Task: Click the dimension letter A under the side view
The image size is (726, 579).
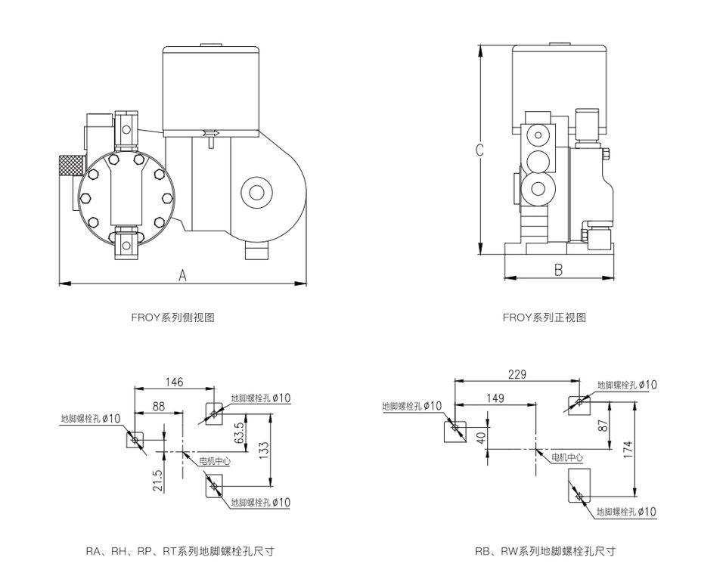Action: coord(183,275)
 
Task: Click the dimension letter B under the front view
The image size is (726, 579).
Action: coord(558,269)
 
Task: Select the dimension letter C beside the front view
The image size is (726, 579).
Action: coord(479,150)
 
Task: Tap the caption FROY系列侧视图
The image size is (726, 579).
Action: coord(172,317)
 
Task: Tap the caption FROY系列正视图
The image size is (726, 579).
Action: coord(544,317)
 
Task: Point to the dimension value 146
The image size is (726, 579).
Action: coord(174,382)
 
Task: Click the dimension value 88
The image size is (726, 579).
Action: coord(158,406)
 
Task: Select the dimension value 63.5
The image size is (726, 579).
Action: coord(239,433)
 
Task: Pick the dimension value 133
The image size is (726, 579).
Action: coord(264,451)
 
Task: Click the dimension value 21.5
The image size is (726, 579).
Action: coord(158,480)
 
